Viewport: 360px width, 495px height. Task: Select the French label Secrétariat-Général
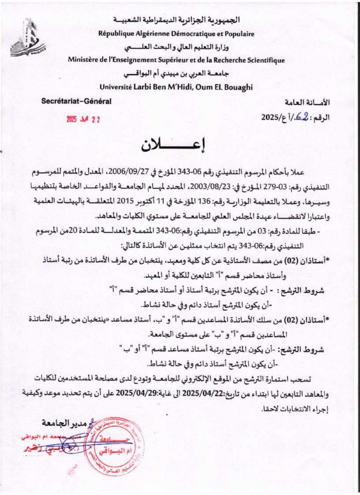76,101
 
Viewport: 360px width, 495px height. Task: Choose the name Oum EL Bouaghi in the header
227,87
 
